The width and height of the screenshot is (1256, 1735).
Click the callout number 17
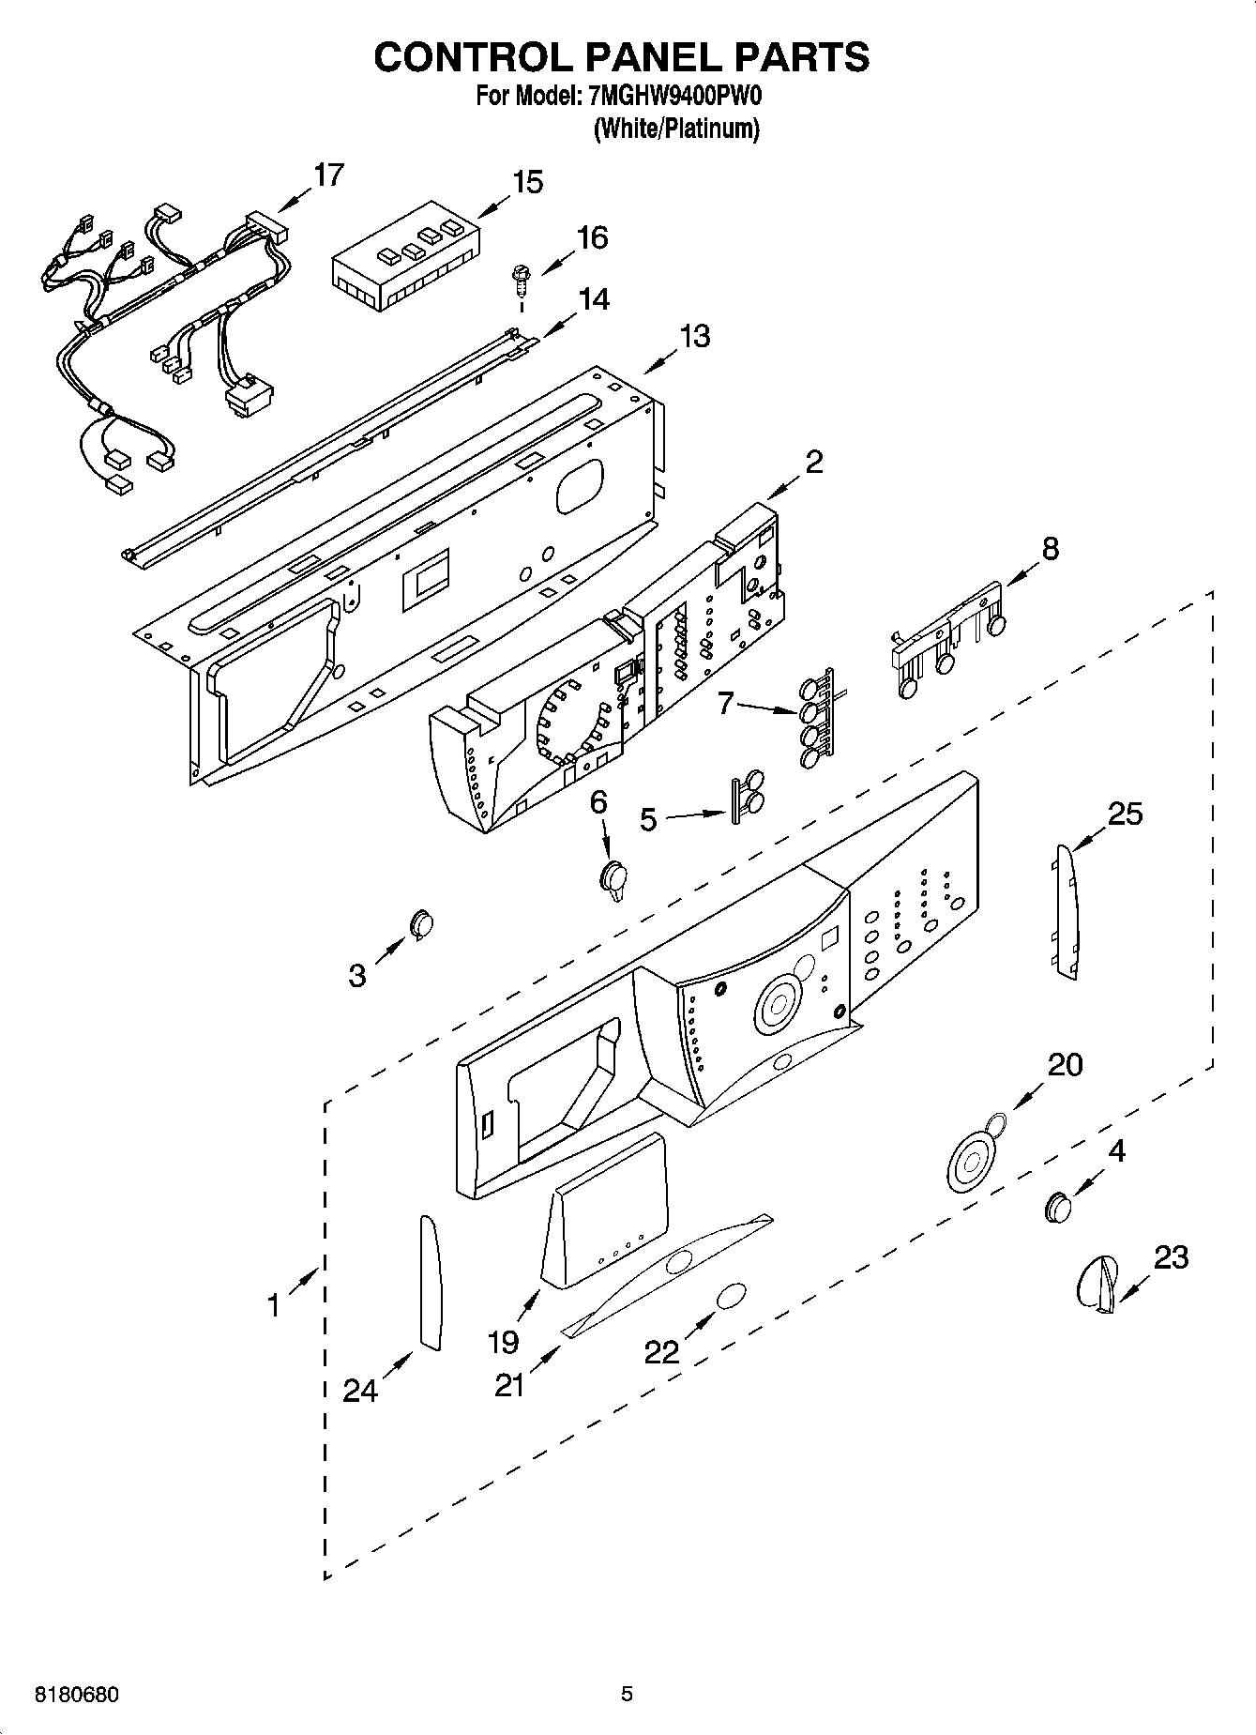point(328,175)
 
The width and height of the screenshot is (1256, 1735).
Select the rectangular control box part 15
point(405,256)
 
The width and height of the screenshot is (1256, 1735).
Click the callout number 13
point(694,336)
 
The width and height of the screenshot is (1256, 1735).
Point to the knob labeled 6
point(613,879)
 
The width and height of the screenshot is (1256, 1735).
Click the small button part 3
point(421,924)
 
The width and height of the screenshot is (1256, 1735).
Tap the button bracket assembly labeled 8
point(947,638)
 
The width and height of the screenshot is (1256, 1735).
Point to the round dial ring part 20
point(973,1157)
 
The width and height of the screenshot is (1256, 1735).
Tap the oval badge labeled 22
point(731,1298)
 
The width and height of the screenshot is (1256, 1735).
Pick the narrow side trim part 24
point(430,1282)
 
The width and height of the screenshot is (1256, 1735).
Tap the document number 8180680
point(77,1695)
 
